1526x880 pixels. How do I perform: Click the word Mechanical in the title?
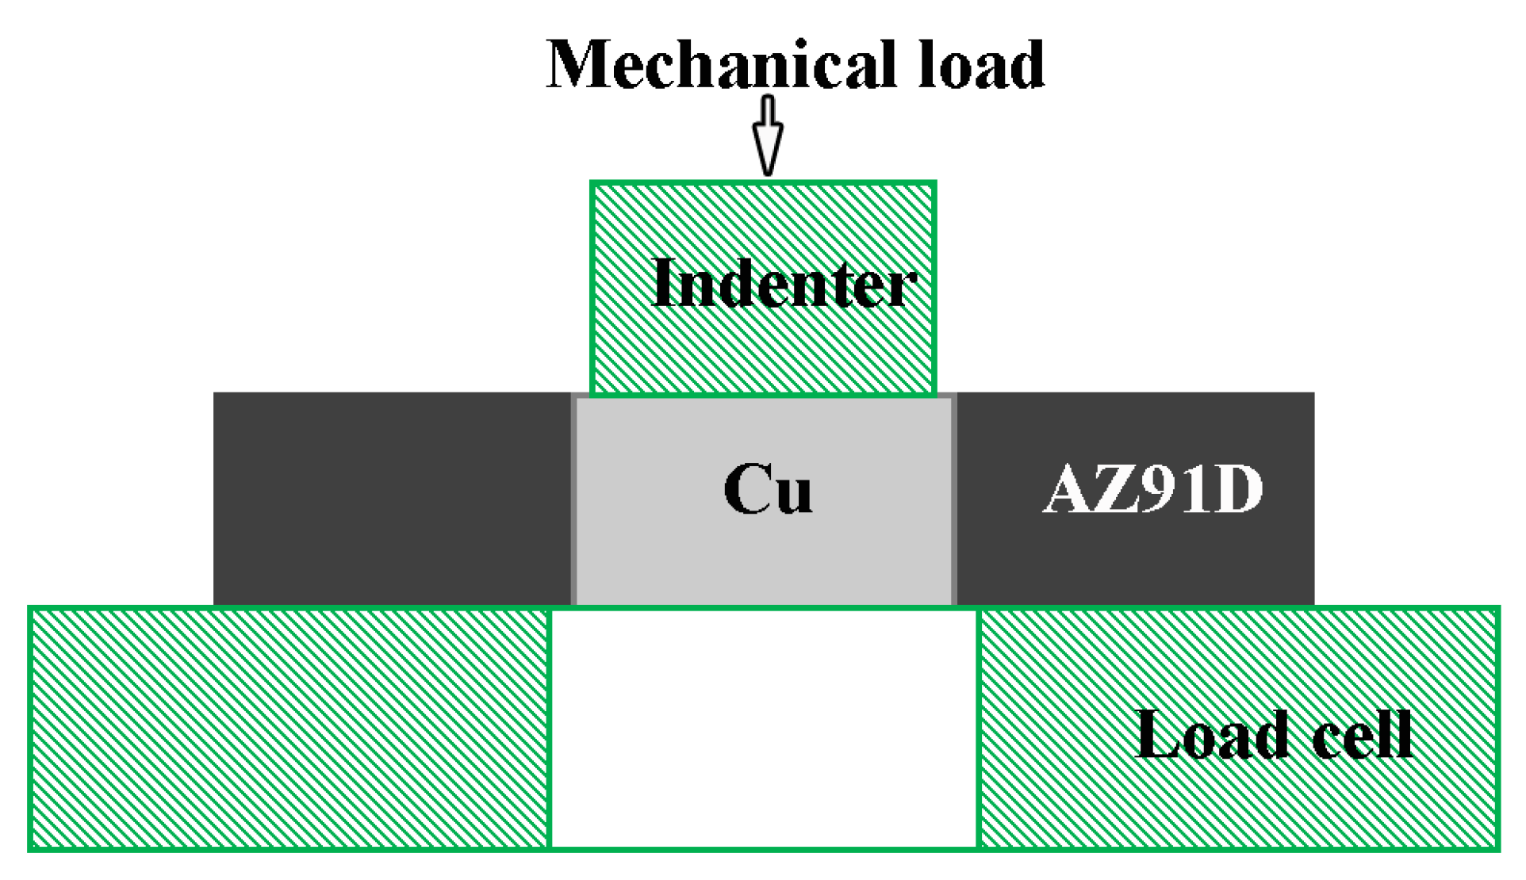click(x=722, y=65)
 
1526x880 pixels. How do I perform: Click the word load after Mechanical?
click(x=981, y=65)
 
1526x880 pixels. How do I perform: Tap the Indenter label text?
click(x=783, y=284)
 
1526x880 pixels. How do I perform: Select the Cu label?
click(x=768, y=489)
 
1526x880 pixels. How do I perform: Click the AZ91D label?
click(x=1152, y=489)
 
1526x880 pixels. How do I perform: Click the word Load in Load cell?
click(x=1211, y=734)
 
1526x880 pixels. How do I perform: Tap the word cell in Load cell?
click(x=1362, y=734)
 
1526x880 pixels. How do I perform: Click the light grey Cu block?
click(x=763, y=555)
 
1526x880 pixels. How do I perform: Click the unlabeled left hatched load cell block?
click(x=289, y=728)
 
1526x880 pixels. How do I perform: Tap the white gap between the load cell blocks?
click(x=764, y=728)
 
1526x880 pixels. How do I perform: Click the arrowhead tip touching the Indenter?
click(x=767, y=171)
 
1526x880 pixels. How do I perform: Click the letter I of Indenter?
click(x=663, y=284)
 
